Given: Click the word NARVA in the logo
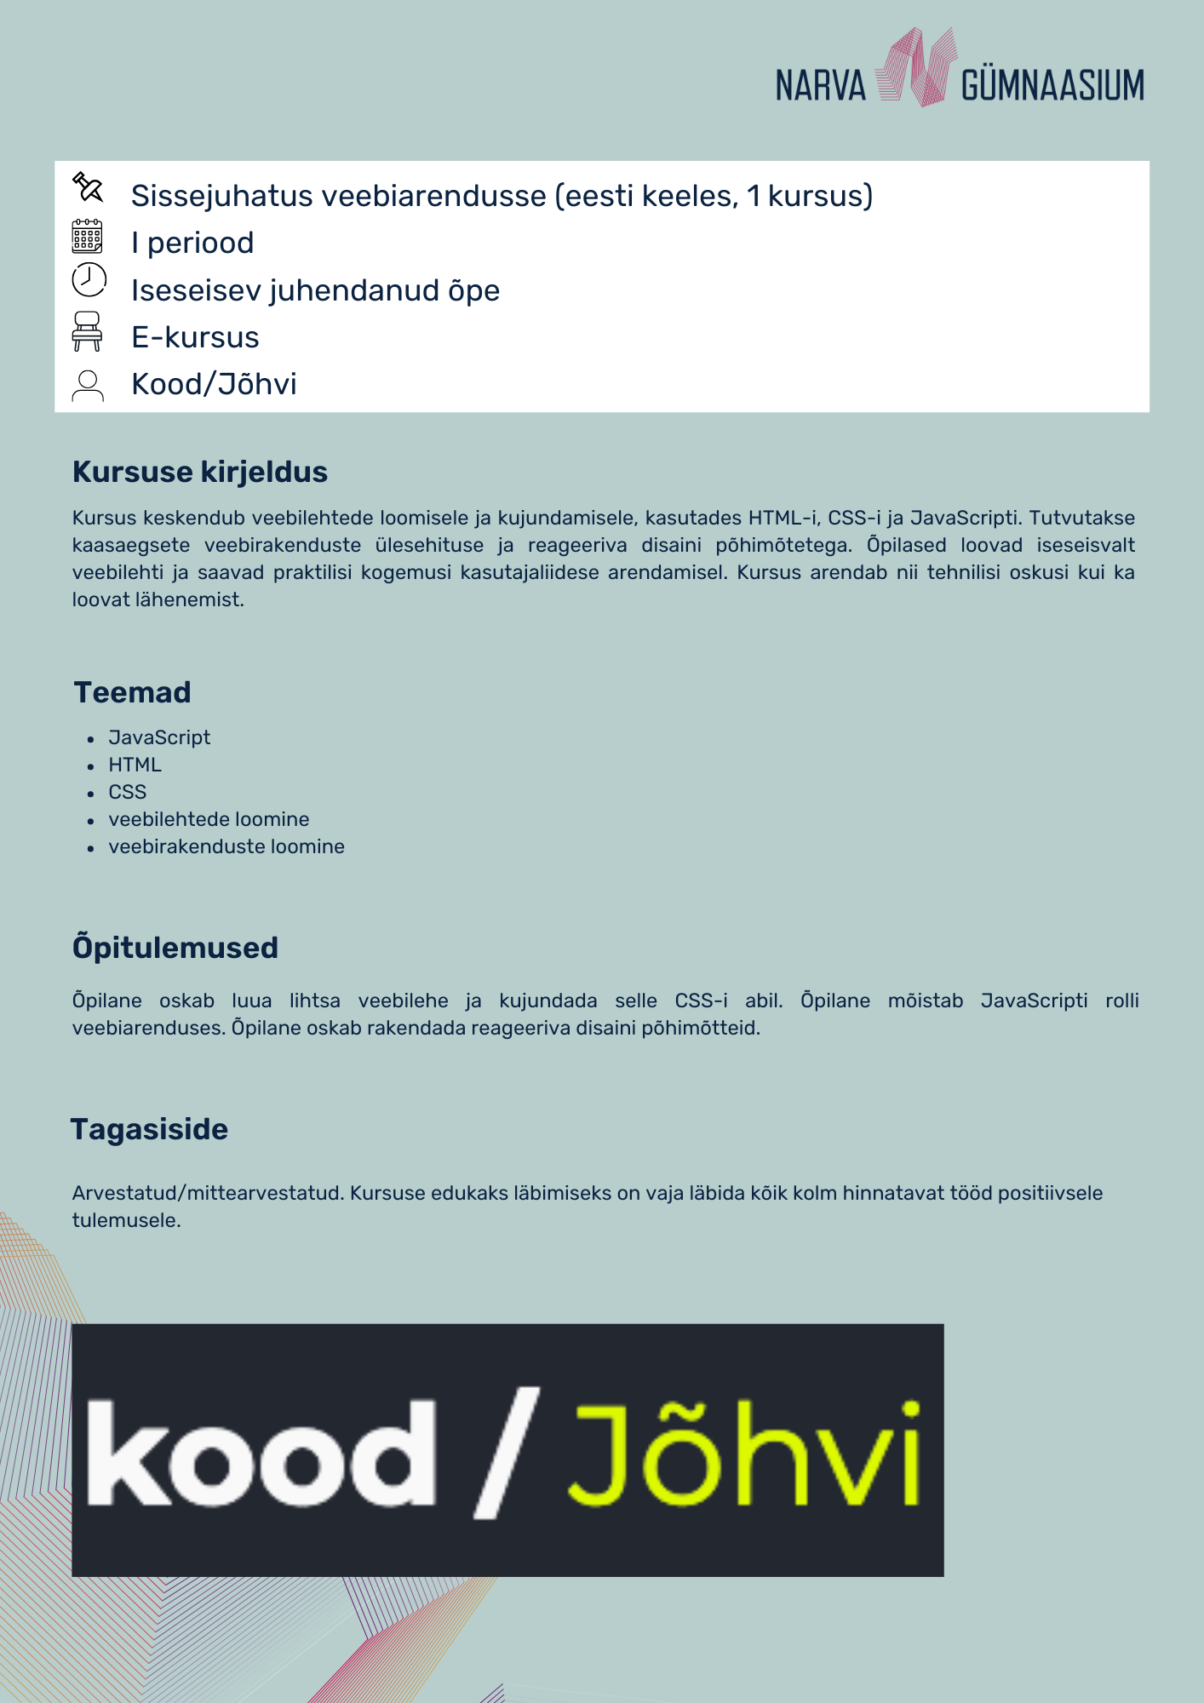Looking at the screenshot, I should coord(820,86).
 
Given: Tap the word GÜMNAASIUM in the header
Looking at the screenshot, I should coord(1052,86).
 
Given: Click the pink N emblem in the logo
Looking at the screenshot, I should coord(914,67).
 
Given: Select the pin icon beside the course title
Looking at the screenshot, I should coord(88,187).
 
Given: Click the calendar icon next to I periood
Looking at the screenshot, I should coord(87,237).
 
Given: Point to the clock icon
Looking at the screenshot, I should coord(89,279).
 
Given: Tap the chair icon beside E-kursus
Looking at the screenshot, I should coord(87,331).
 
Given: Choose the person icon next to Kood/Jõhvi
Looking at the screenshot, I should coord(88,385).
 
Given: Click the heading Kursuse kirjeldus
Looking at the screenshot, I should coord(200,472).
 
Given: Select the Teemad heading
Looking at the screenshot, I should coord(133,692).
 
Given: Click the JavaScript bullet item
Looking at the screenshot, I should coord(159,737).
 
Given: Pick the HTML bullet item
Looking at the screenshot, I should coord(135,765).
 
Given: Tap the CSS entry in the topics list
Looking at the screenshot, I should coord(128,792).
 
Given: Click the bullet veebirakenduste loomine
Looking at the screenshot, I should coord(226,846).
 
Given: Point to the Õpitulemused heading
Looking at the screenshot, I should coord(175,948).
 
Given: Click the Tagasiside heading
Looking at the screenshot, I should coord(150,1129).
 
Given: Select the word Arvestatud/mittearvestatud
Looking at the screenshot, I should coord(207,1193).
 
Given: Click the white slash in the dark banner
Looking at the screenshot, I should coord(506,1453).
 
